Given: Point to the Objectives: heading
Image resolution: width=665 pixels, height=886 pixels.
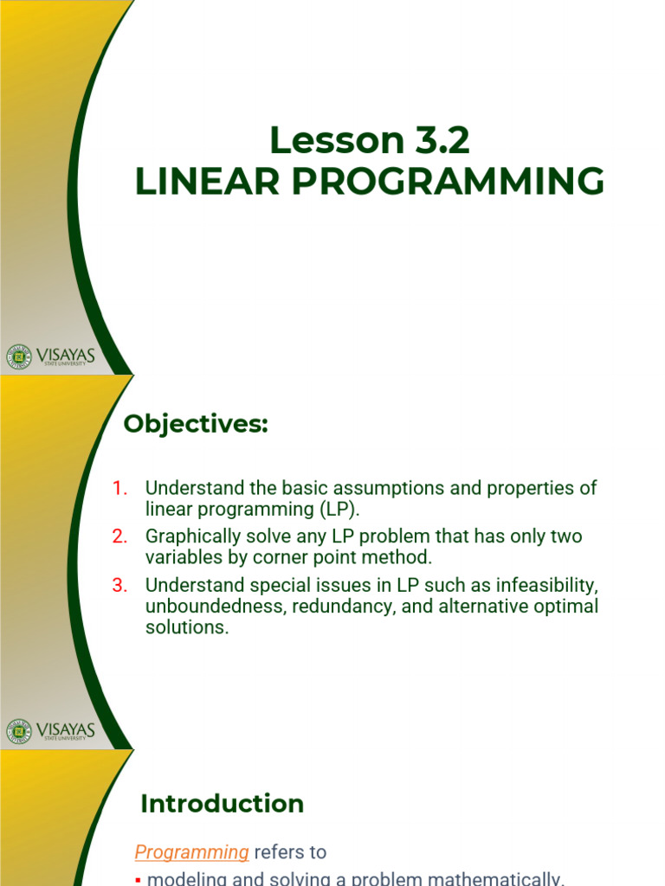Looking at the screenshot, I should pyautogui.click(x=196, y=425).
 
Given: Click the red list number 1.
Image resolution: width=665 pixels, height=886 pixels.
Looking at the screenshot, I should pyautogui.click(x=120, y=488).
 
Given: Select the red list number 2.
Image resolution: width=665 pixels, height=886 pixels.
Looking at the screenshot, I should pyautogui.click(x=120, y=536).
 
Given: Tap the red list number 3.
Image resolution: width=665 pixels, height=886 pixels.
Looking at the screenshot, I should pyautogui.click(x=120, y=585).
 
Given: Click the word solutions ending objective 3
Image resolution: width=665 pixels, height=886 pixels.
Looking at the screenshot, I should pyautogui.click(x=185, y=627).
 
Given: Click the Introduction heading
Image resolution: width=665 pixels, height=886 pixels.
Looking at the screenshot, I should pyautogui.click(x=222, y=804).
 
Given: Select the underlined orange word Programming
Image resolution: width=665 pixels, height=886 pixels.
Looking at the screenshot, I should pyautogui.click(x=191, y=852).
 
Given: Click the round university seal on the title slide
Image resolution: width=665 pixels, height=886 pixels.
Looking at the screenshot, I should pyautogui.click(x=18, y=356).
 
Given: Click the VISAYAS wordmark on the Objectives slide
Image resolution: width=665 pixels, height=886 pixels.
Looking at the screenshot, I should pyautogui.click(x=66, y=728).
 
